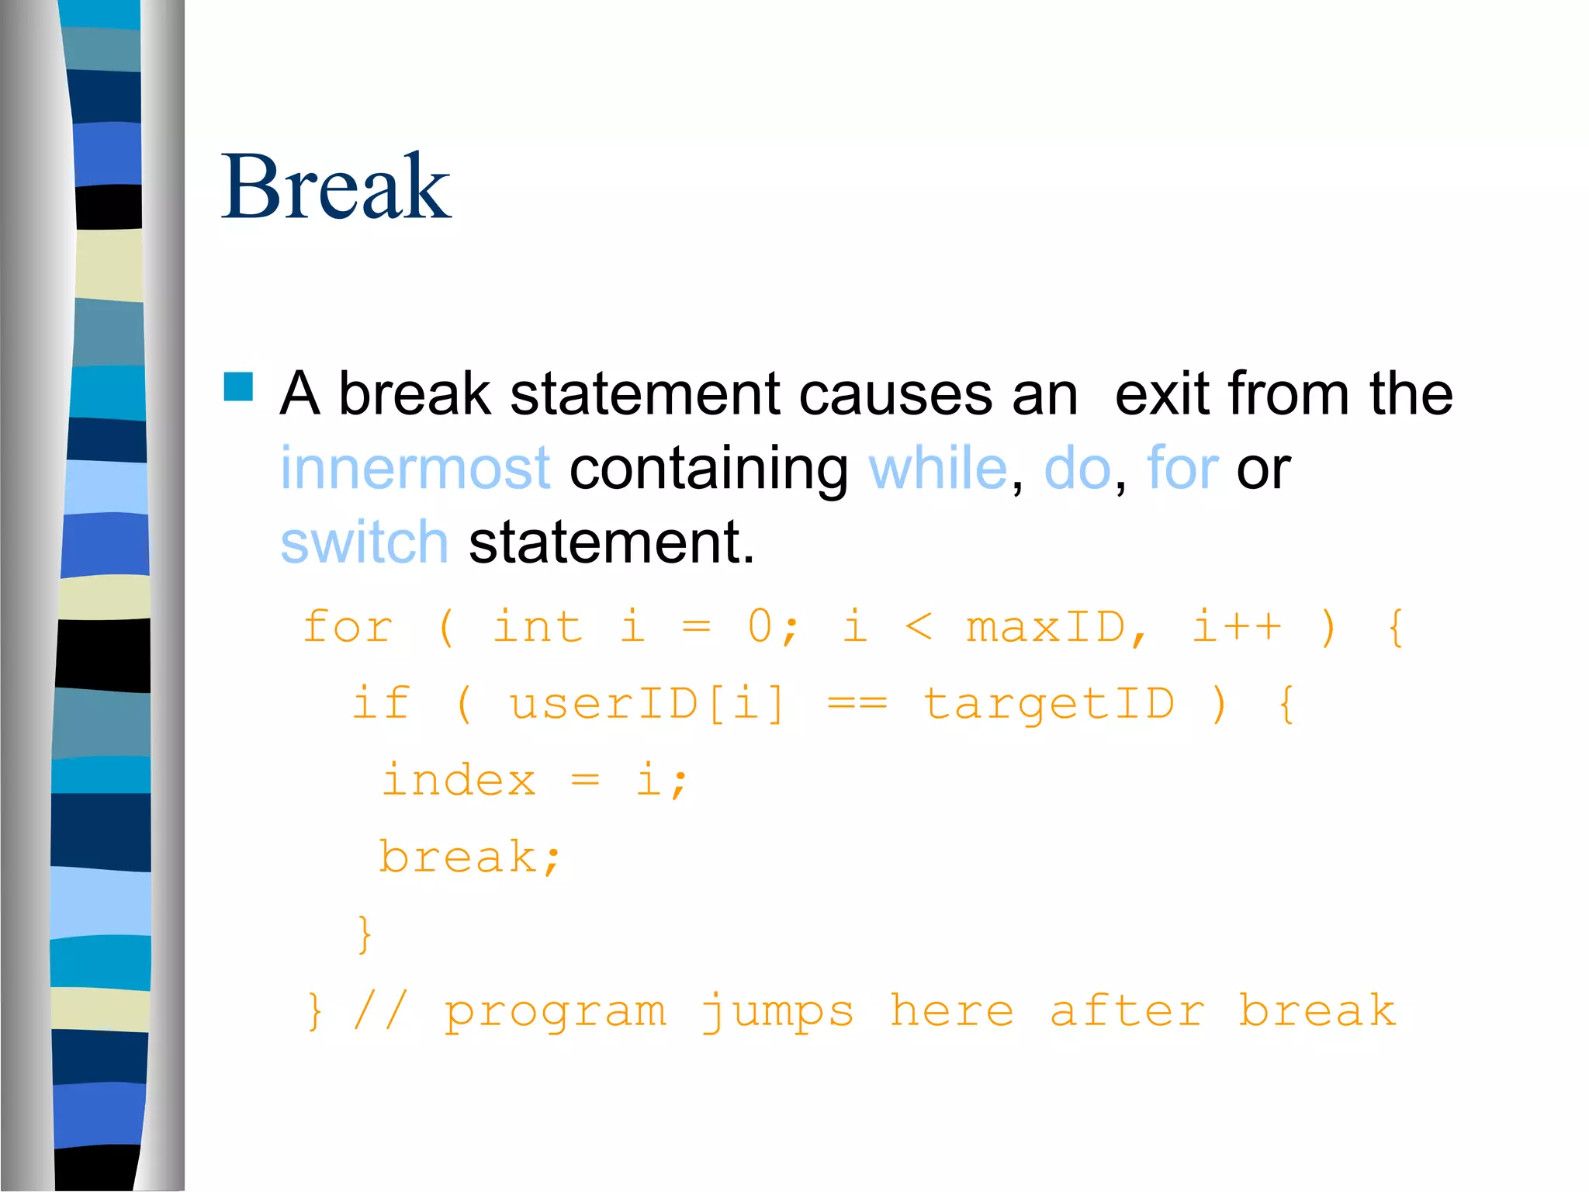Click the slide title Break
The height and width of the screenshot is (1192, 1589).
(x=335, y=188)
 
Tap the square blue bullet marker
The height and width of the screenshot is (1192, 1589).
(x=238, y=386)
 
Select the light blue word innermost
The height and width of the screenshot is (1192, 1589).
(x=415, y=469)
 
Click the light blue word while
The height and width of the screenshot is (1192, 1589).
(x=937, y=469)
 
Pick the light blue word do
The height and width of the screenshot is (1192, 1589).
(x=1077, y=469)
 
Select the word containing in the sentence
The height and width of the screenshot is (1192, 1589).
(x=708, y=470)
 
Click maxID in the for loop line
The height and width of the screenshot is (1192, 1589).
(x=1045, y=627)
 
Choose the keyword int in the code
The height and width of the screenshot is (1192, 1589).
(x=538, y=627)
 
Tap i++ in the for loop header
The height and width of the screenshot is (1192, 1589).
(x=1236, y=627)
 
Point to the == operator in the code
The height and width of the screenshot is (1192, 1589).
(x=857, y=704)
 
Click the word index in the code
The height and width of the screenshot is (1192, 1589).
(x=459, y=780)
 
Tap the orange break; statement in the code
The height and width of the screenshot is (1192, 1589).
(x=469, y=858)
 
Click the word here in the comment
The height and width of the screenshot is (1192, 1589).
(x=951, y=1011)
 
